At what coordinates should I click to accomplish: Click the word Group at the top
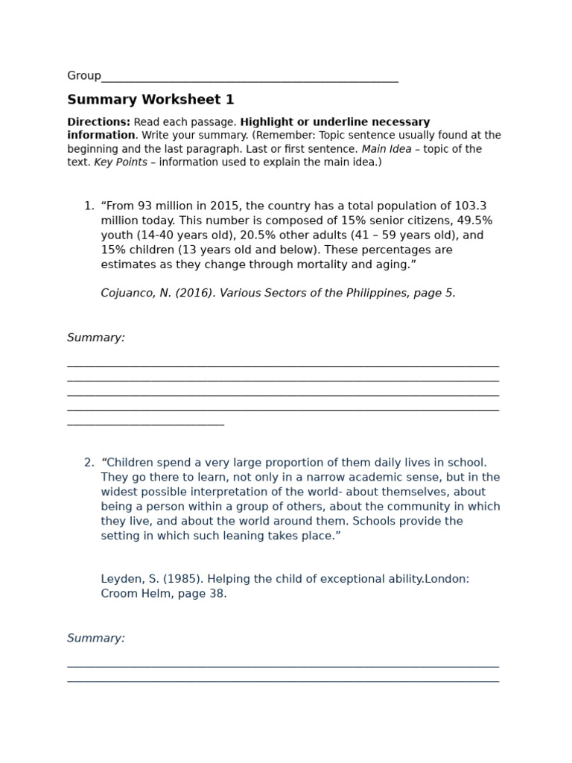coord(83,76)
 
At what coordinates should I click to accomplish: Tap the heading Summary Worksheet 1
coord(150,100)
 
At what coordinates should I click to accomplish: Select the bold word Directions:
coord(98,122)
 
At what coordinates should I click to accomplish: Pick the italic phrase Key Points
coord(121,162)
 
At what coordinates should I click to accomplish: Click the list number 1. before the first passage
coord(89,206)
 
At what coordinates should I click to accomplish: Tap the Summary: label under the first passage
coord(96,338)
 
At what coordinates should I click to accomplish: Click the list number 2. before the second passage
coord(89,463)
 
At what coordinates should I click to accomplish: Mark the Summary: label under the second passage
coord(96,639)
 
